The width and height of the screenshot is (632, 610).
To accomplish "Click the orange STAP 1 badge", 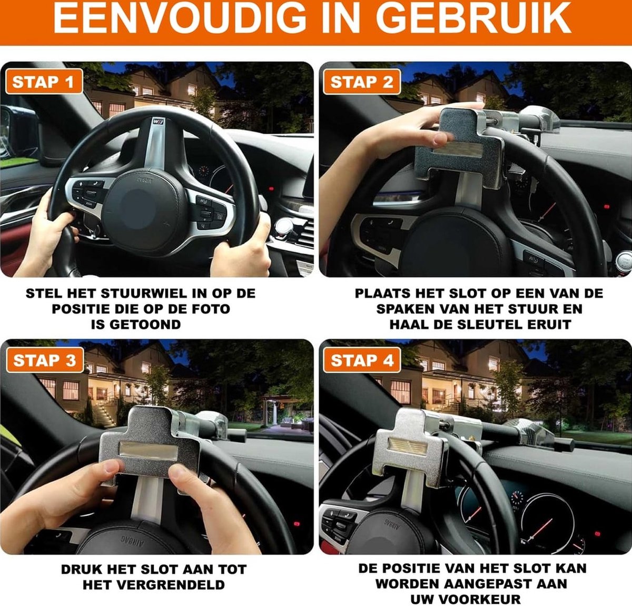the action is [44, 82].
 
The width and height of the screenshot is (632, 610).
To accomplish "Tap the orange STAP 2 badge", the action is [362, 82].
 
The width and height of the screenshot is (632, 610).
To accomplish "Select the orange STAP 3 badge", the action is [45, 360].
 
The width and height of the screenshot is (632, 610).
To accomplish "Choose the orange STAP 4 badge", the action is [362, 360].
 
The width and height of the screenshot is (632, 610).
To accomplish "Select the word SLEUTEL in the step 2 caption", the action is [490, 324].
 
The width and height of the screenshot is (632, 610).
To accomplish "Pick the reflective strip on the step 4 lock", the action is [408, 446].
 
